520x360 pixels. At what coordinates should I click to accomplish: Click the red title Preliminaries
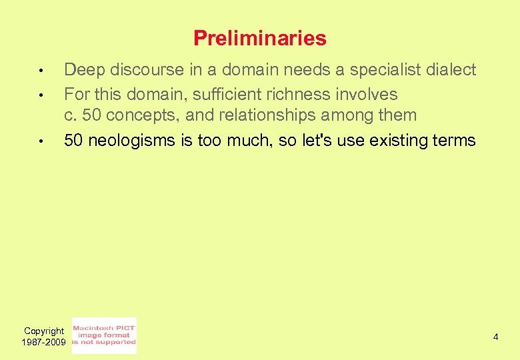click(259, 39)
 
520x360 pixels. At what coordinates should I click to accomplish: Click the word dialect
click(453, 70)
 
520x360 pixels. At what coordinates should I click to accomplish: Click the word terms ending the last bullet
click(455, 141)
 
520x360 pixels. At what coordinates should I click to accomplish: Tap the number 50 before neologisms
click(74, 141)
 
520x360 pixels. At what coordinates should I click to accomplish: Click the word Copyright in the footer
click(44, 331)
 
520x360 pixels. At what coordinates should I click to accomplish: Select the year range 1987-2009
click(44, 342)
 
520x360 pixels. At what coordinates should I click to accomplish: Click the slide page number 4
click(495, 337)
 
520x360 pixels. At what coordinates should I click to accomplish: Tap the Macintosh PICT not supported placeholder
click(103, 335)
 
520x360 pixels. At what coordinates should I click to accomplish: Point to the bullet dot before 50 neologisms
click(41, 141)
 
